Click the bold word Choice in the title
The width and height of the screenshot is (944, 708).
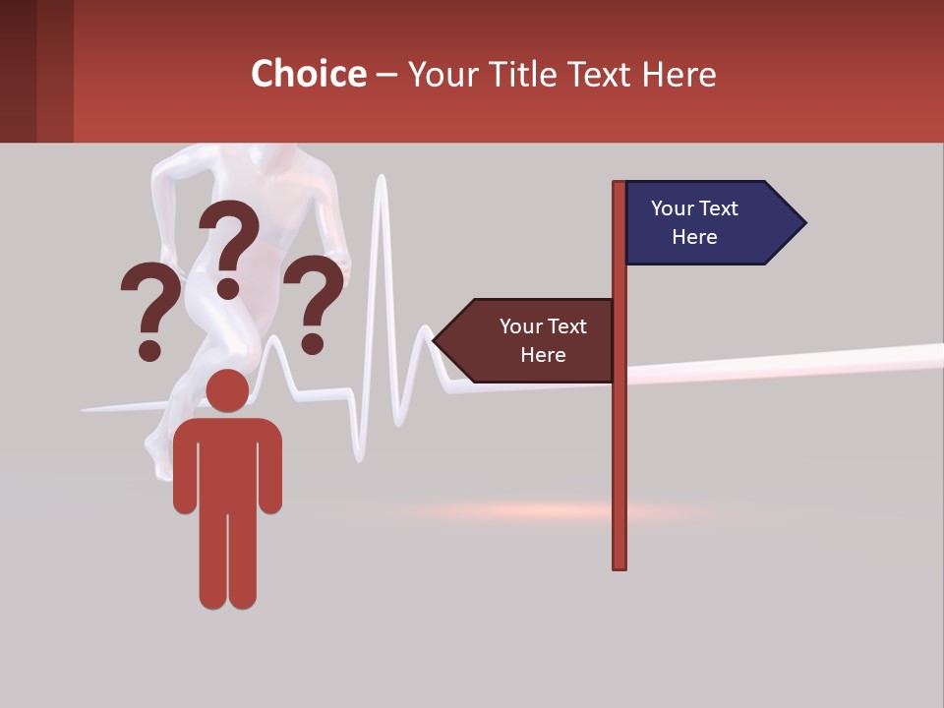tap(308, 75)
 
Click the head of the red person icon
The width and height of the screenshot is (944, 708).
tap(227, 390)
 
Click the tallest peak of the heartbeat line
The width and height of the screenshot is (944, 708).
tap(382, 182)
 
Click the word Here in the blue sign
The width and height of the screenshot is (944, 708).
tap(694, 237)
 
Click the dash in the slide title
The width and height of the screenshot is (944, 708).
tap(386, 75)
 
